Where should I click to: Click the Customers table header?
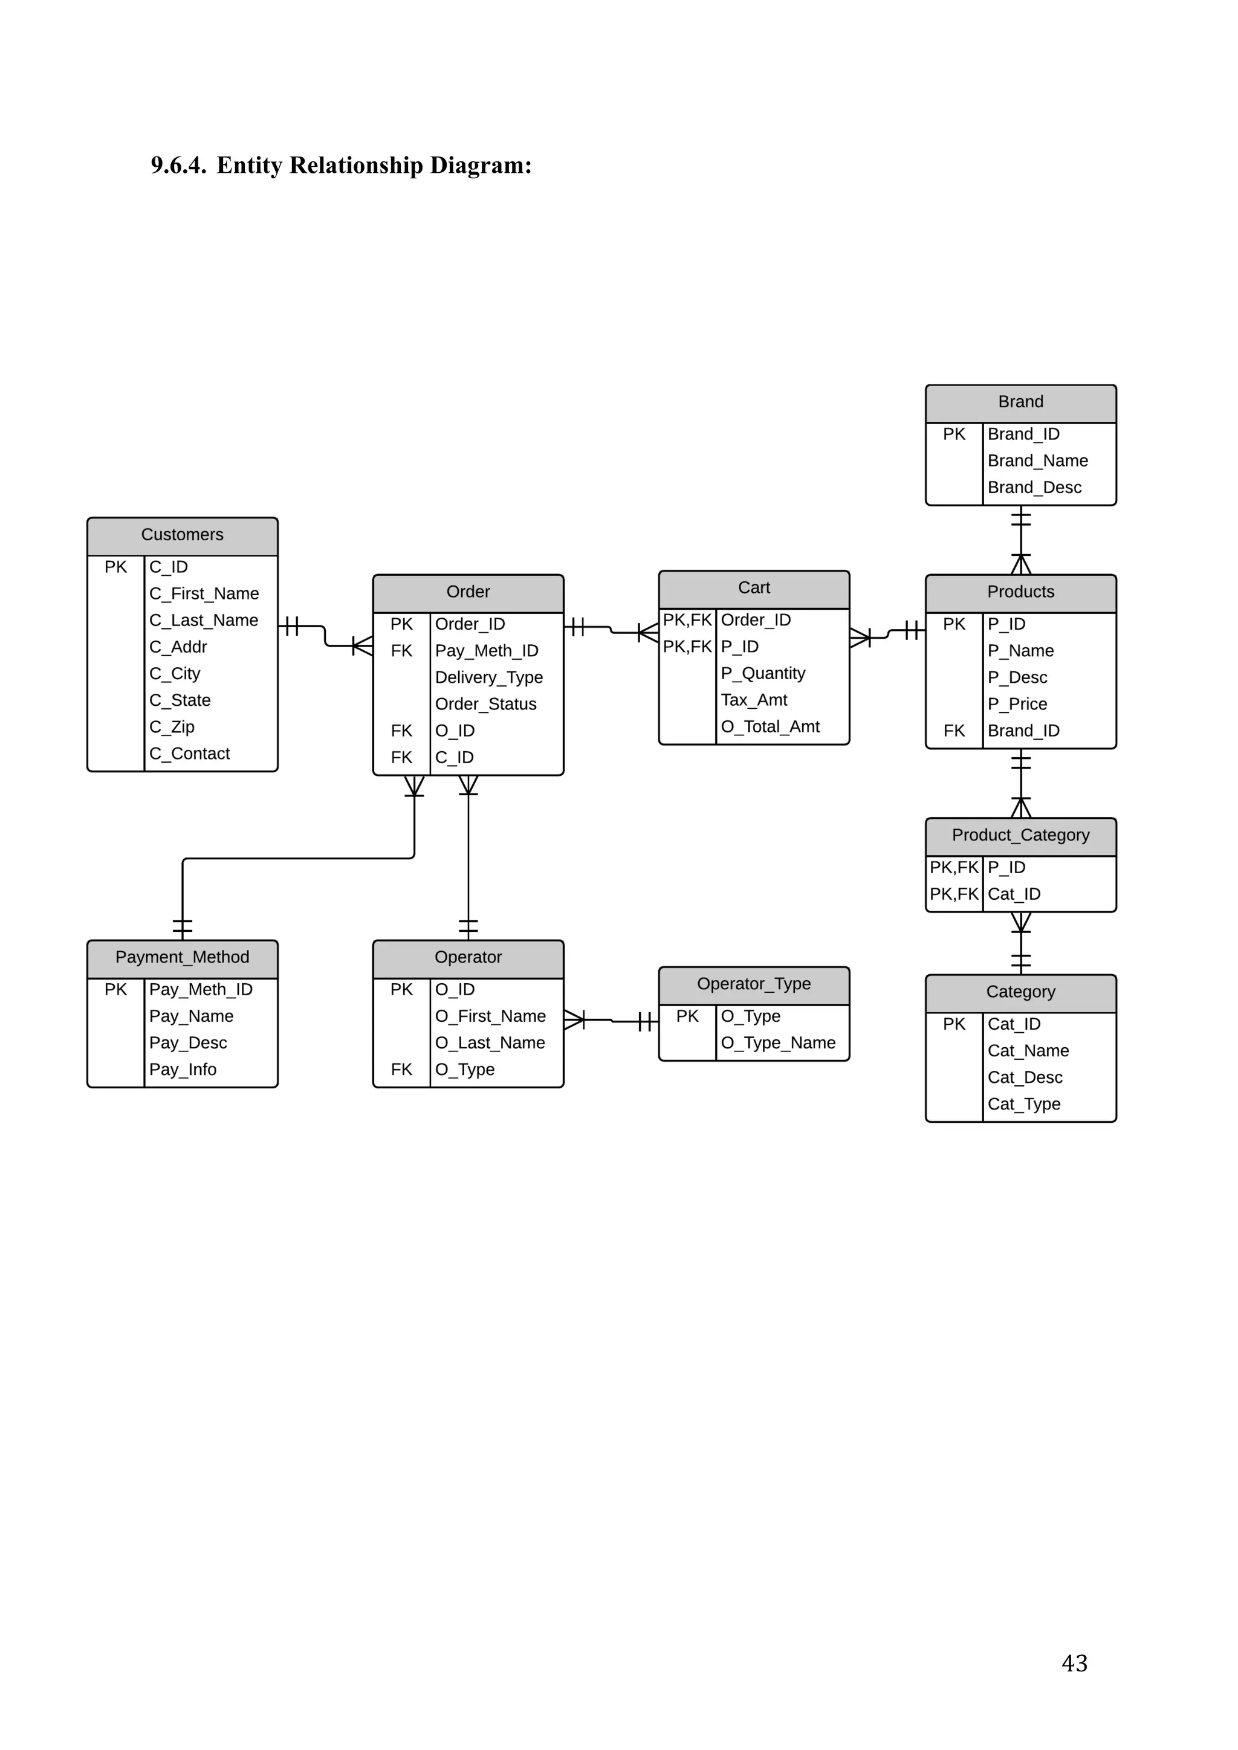pyautogui.click(x=182, y=535)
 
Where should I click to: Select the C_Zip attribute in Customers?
pyautogui.click(x=172, y=727)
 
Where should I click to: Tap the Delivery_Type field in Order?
pyautogui.click(x=488, y=677)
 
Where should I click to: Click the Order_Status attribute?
pyautogui.click(x=485, y=704)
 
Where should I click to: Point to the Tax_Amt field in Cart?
pyautogui.click(x=754, y=700)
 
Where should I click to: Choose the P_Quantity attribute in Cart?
pyautogui.click(x=763, y=674)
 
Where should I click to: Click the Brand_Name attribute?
pyautogui.click(x=1037, y=461)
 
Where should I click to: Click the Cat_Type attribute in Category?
pyautogui.click(x=1024, y=1105)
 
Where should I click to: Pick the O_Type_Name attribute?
pyautogui.click(x=777, y=1044)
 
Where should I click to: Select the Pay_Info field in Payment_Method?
pyautogui.click(x=183, y=1070)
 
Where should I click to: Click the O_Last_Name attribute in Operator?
pyautogui.click(x=490, y=1044)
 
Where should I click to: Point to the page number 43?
pyautogui.click(x=1074, y=1662)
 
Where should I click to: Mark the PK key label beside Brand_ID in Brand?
pyautogui.click(x=954, y=434)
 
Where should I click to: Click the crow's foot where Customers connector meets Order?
pyautogui.click(x=363, y=647)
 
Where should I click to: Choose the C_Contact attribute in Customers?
pyautogui.click(x=189, y=754)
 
